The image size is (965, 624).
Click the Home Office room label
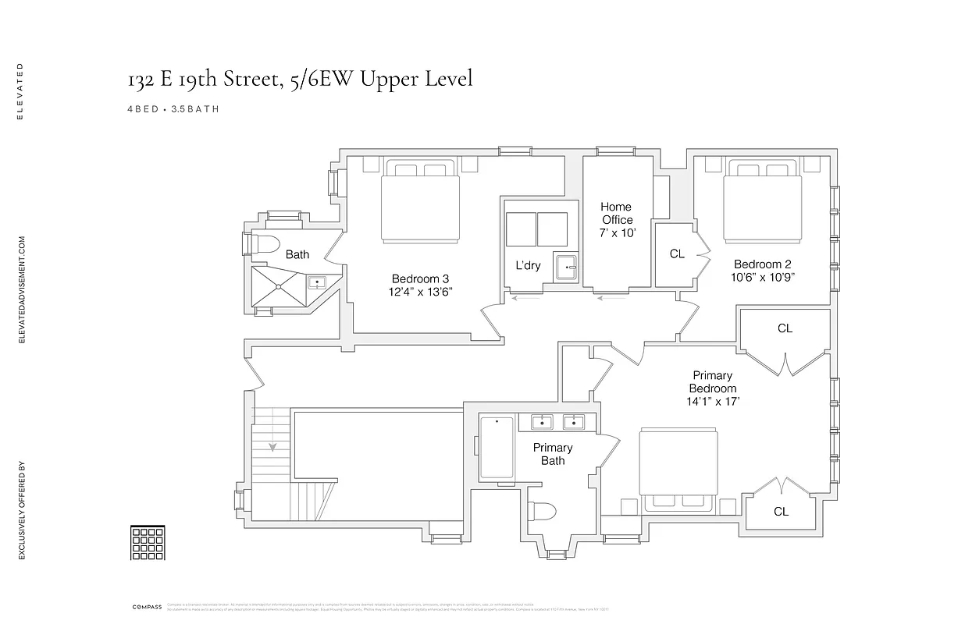coord(616,213)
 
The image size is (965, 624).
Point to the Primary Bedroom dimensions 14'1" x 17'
coord(712,402)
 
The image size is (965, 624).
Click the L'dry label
coord(528,265)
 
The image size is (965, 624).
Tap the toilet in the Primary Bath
coord(542,512)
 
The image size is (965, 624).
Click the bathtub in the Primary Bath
coord(496,448)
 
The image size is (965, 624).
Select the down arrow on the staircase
coord(273,447)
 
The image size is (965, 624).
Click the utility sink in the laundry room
coord(565,268)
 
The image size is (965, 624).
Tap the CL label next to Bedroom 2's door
coord(677,254)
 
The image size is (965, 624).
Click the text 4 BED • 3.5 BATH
coord(173,109)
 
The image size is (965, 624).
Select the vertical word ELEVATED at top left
coord(21,90)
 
